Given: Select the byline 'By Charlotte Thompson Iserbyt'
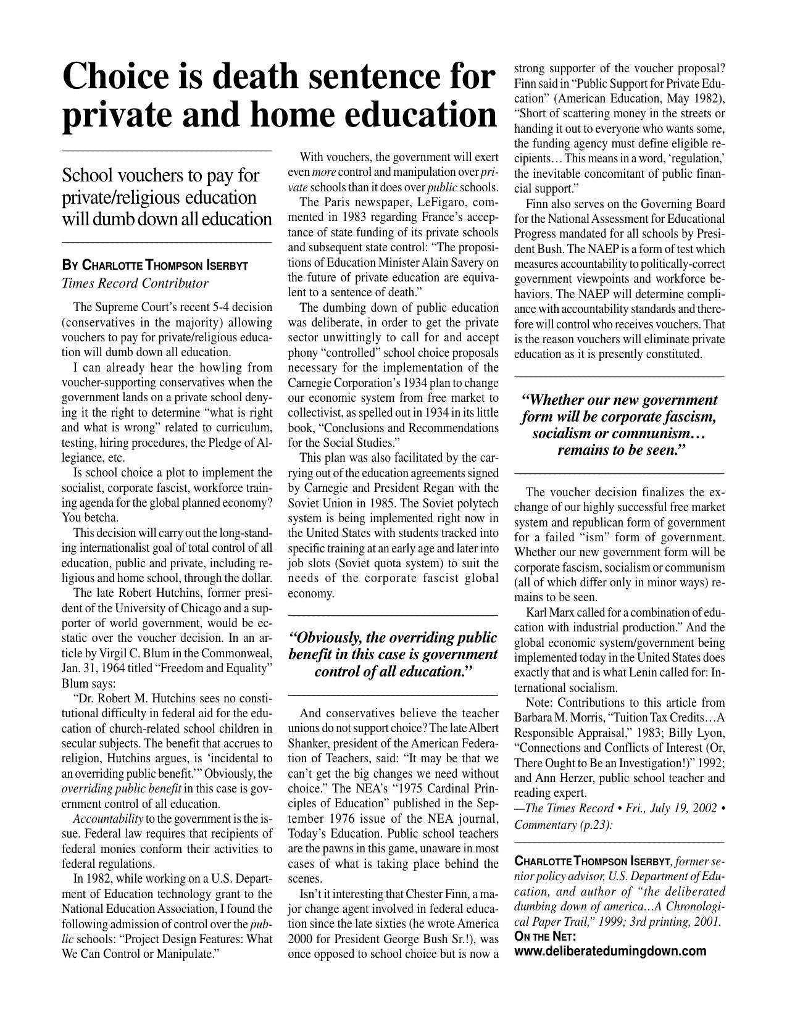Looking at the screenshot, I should click(155, 266).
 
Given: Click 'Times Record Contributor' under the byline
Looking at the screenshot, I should click(135, 283).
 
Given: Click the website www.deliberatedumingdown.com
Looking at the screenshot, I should click(610, 950).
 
